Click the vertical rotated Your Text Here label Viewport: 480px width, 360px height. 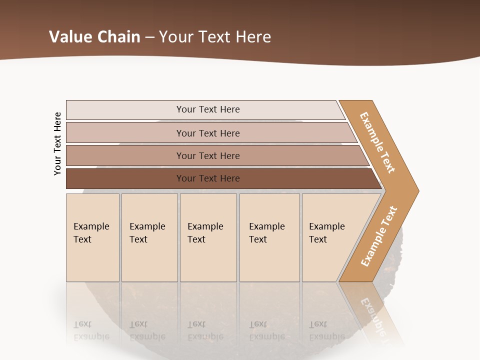pyautogui.click(x=57, y=143)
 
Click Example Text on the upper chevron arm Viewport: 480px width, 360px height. pyautogui.click(x=377, y=142)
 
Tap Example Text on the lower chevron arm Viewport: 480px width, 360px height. pyautogui.click(x=379, y=236)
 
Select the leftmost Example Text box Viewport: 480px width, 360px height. pyautogui.click(x=92, y=237)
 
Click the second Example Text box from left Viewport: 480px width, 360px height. pyautogui.click(x=149, y=237)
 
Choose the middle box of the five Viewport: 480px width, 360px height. pyautogui.click(x=208, y=237)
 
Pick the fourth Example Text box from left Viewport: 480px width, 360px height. pyautogui.click(x=269, y=237)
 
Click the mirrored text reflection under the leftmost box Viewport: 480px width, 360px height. pyautogui.click(x=91, y=330)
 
